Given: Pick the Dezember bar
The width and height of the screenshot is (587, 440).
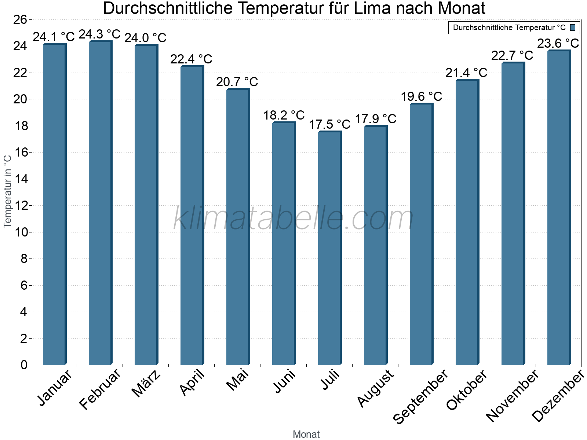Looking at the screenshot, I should point(558,208).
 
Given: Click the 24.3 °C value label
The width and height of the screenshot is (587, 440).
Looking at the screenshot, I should point(99,34).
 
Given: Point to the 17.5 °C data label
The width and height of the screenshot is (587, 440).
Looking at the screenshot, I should point(329,125).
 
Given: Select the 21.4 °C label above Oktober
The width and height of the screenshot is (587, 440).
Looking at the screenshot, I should point(466,73).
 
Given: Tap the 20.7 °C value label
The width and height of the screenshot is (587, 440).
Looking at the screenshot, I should point(237,82).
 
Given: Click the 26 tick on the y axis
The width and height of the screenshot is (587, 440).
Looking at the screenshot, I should point(20,20).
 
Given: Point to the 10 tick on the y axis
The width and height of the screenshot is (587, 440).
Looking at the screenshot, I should point(20,232).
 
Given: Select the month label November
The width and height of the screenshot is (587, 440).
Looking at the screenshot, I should point(513,396).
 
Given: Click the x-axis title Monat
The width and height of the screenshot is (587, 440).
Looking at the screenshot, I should point(306,434).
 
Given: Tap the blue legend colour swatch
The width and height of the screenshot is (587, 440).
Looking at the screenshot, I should point(573,27).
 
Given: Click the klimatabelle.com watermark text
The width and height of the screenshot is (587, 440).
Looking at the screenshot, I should point(293,219).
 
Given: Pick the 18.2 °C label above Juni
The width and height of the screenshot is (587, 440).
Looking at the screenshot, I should point(284,115).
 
